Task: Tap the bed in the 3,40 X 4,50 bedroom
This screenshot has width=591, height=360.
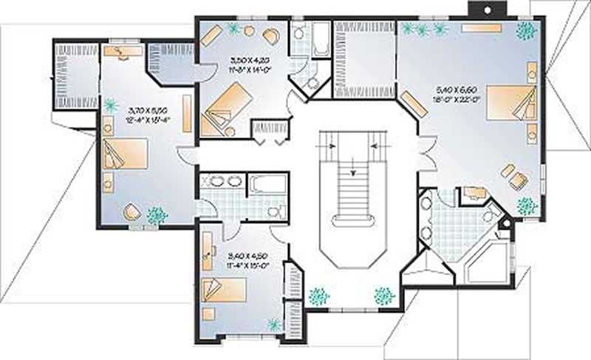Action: [x=222, y=291]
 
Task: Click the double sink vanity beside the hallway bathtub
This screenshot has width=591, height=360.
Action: [x=222, y=181]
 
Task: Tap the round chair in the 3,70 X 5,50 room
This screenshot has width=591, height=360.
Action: [x=131, y=212]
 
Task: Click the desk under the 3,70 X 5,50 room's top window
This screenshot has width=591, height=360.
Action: [x=123, y=51]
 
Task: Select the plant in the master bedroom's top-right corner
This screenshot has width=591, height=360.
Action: [x=525, y=31]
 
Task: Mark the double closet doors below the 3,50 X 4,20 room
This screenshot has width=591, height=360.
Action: [x=270, y=132]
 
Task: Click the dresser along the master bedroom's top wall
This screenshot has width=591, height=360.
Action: [x=481, y=27]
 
